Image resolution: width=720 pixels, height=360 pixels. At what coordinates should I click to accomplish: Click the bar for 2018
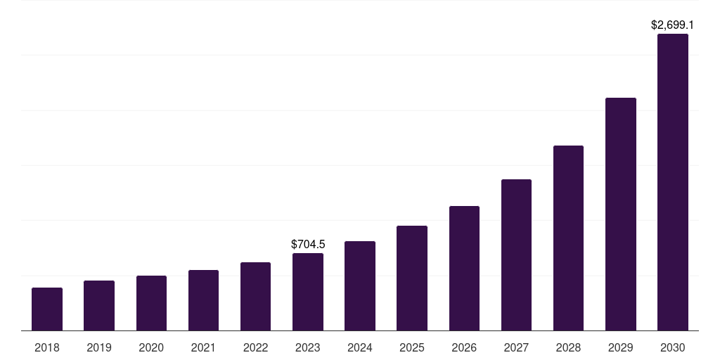(47, 309)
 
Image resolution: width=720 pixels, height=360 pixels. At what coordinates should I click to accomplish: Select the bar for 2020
(151, 303)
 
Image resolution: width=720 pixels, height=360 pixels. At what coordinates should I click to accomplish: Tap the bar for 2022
(255, 297)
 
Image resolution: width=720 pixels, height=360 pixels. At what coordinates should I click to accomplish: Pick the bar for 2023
(308, 292)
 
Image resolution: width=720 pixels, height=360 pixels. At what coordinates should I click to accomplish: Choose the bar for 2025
(412, 278)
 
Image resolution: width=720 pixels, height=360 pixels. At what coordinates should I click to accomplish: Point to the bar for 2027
(516, 255)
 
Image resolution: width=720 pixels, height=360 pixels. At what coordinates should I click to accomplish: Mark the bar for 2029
(620, 214)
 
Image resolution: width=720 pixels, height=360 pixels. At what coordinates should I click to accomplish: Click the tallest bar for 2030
(673, 182)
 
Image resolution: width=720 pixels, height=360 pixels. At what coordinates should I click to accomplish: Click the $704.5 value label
(308, 244)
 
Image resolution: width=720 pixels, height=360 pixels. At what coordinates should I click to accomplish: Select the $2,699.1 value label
(673, 25)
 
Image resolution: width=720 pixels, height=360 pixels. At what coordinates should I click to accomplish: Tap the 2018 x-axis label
(47, 347)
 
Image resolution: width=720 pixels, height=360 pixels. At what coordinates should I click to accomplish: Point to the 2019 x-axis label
(99, 347)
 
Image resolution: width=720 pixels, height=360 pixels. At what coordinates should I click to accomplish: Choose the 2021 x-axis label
(203, 347)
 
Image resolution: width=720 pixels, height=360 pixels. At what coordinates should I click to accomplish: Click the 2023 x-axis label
(308, 347)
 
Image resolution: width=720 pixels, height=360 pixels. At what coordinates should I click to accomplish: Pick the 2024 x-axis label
(360, 347)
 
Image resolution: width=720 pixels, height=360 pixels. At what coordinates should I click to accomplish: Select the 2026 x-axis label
(464, 347)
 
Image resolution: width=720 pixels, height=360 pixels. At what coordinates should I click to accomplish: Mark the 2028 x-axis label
(568, 347)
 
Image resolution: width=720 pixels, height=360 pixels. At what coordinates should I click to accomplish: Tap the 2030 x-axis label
(673, 347)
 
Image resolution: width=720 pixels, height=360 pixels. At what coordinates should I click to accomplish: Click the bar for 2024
(360, 286)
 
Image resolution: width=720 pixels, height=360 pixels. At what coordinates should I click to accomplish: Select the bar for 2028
(568, 238)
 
